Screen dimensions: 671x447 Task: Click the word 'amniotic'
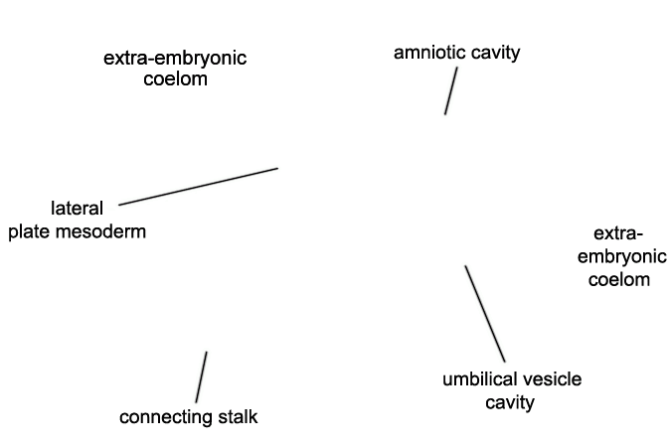[x=429, y=53]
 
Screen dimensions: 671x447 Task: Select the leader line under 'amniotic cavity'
[x=451, y=90]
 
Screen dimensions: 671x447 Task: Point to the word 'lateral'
[x=77, y=209]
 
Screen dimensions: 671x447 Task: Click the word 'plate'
[x=30, y=232]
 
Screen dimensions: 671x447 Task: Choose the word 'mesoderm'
[x=101, y=231]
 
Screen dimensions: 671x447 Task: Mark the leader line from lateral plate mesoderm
[x=198, y=187]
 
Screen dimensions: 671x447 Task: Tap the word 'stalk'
[x=238, y=416]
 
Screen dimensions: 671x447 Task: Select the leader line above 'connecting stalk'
[x=202, y=376]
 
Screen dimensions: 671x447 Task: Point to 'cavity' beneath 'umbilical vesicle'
[x=510, y=403]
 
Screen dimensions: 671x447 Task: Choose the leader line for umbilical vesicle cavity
[x=485, y=314]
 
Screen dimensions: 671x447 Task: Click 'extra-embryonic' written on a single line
[x=175, y=59]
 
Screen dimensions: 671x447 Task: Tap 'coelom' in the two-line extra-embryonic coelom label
[x=175, y=79]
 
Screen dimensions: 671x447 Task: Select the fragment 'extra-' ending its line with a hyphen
[x=618, y=234]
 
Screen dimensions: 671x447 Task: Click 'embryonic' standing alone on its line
[x=621, y=257]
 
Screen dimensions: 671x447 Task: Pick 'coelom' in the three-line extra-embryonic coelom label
[x=619, y=280]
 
